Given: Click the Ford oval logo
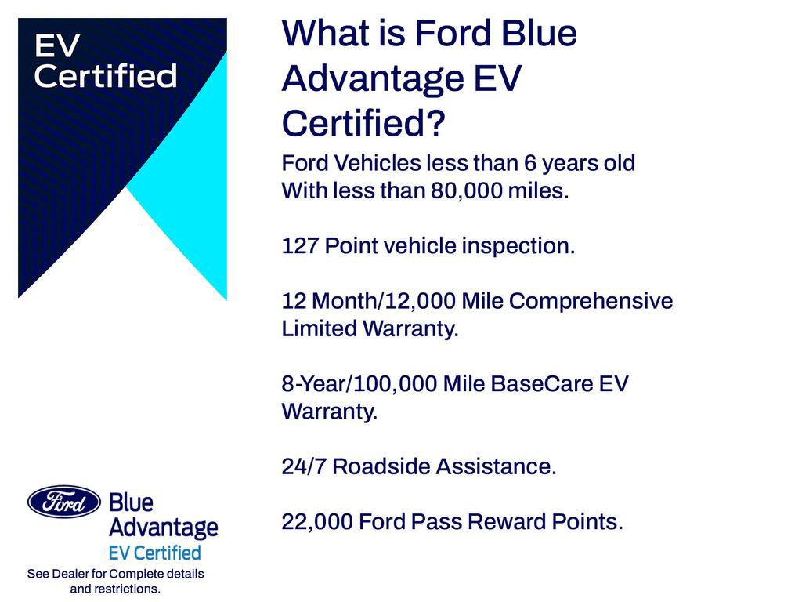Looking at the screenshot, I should coord(64,502).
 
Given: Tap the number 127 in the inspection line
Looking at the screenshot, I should coord(300,246).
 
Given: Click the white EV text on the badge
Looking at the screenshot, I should coord(57,46).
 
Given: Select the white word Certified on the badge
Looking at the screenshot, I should coord(106,77).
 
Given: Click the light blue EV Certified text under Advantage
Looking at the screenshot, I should coord(155,553).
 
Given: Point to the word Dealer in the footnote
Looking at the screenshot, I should coord(71,574).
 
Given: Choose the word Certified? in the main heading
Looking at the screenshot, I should coord(363,124).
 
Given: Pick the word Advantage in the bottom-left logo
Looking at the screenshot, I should coord(163,528).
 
